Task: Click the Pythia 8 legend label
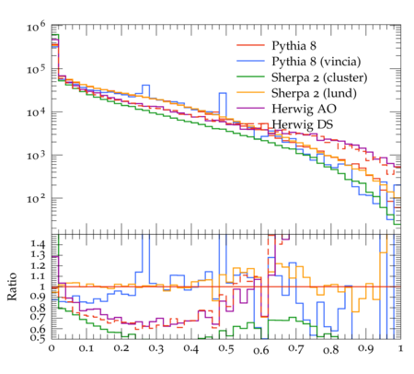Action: (293, 46)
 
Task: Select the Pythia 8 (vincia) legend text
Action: (316, 62)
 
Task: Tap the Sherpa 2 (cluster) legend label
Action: (319, 77)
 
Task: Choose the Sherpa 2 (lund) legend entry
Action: (314, 93)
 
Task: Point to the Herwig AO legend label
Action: (304, 109)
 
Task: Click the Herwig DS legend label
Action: (303, 124)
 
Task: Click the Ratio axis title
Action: (12, 286)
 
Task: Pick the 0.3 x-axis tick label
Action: (156, 348)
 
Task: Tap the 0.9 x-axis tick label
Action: (366, 348)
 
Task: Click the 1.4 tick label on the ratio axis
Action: (38, 244)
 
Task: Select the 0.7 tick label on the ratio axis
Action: (38, 317)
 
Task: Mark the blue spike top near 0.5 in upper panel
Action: (223, 93)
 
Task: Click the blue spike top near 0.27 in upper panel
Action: (145, 85)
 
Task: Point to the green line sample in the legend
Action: (250, 76)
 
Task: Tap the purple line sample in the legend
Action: (250, 108)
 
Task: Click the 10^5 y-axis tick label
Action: (36, 69)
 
